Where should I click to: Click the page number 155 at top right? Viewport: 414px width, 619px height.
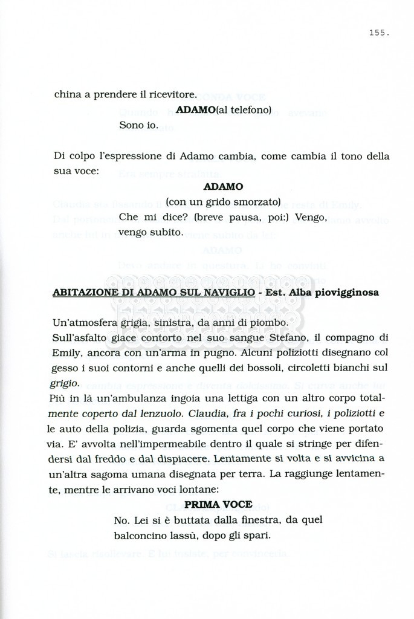tap(378, 33)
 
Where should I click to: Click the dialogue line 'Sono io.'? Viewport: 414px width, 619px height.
tap(138, 126)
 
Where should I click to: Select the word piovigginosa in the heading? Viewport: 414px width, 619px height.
tap(345, 293)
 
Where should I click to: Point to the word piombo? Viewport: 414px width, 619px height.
tap(262, 323)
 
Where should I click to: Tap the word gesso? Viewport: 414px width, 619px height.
tap(67, 368)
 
